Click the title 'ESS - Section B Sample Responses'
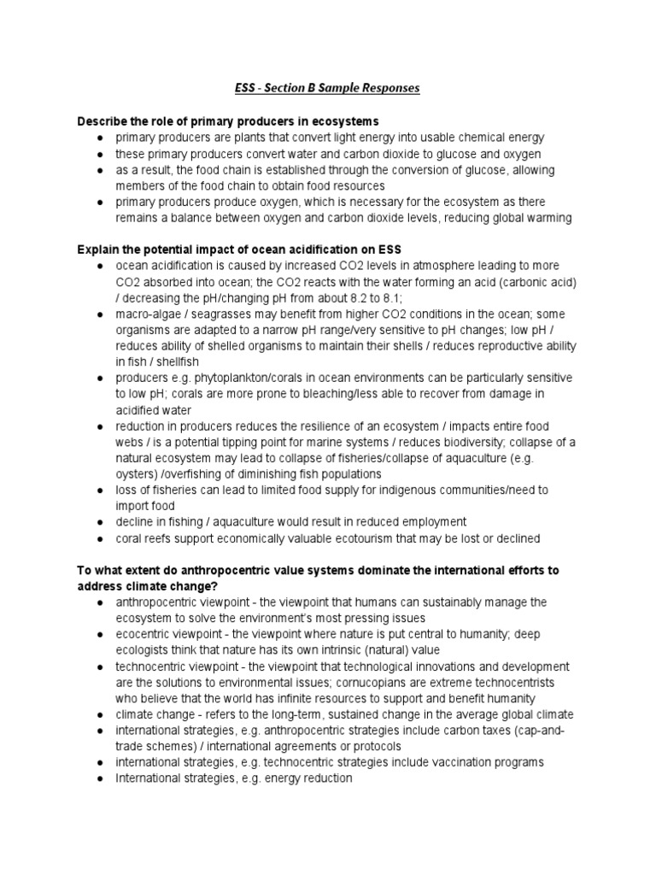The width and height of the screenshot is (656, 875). click(x=327, y=88)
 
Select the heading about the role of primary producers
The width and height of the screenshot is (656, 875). click(x=228, y=120)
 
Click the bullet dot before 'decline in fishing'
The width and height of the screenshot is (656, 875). click(x=101, y=522)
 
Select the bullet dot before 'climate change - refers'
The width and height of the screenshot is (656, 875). click(x=101, y=714)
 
